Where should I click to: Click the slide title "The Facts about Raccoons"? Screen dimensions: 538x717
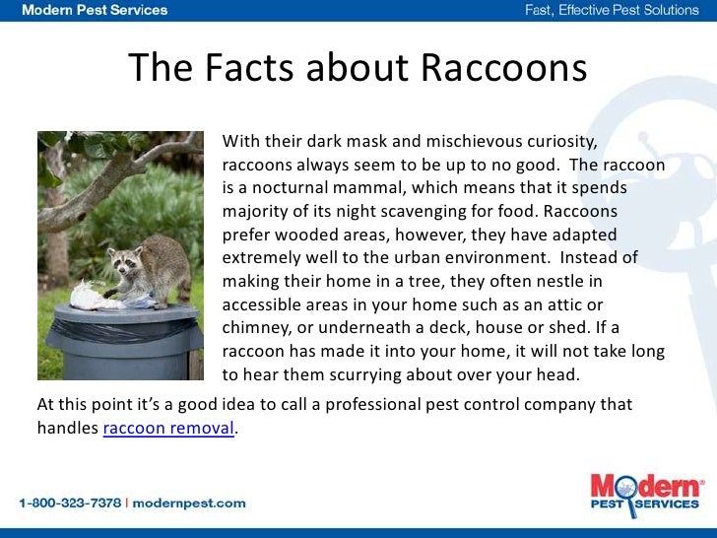click(x=358, y=68)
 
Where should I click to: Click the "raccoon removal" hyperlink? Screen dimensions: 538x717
click(x=169, y=429)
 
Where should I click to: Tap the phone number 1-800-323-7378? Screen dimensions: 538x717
click(x=69, y=503)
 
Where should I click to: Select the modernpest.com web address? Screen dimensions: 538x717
click(x=190, y=503)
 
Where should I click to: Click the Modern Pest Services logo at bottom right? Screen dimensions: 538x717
click(x=646, y=494)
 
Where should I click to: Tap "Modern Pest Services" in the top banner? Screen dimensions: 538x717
click(x=95, y=11)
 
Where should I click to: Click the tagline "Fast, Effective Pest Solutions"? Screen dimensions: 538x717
click(x=610, y=11)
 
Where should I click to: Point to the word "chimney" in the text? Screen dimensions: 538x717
click(x=255, y=326)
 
